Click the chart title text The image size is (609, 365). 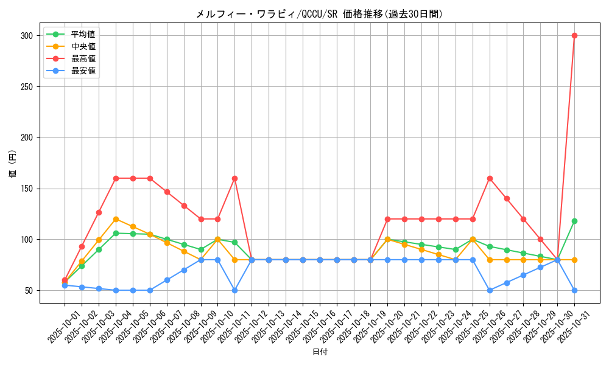[x=319, y=14]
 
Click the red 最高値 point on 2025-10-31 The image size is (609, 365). [x=574, y=35]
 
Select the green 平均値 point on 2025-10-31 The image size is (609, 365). [x=574, y=221]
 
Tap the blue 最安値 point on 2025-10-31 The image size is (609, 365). [x=574, y=290]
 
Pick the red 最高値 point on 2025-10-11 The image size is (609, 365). [x=234, y=178]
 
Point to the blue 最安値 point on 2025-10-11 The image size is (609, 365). [x=234, y=290]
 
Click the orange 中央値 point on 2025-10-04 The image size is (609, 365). [x=116, y=219]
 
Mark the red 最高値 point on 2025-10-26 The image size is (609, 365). [x=490, y=178]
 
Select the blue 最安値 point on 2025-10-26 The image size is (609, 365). [x=490, y=290]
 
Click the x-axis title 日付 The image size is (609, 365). [x=320, y=352]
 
